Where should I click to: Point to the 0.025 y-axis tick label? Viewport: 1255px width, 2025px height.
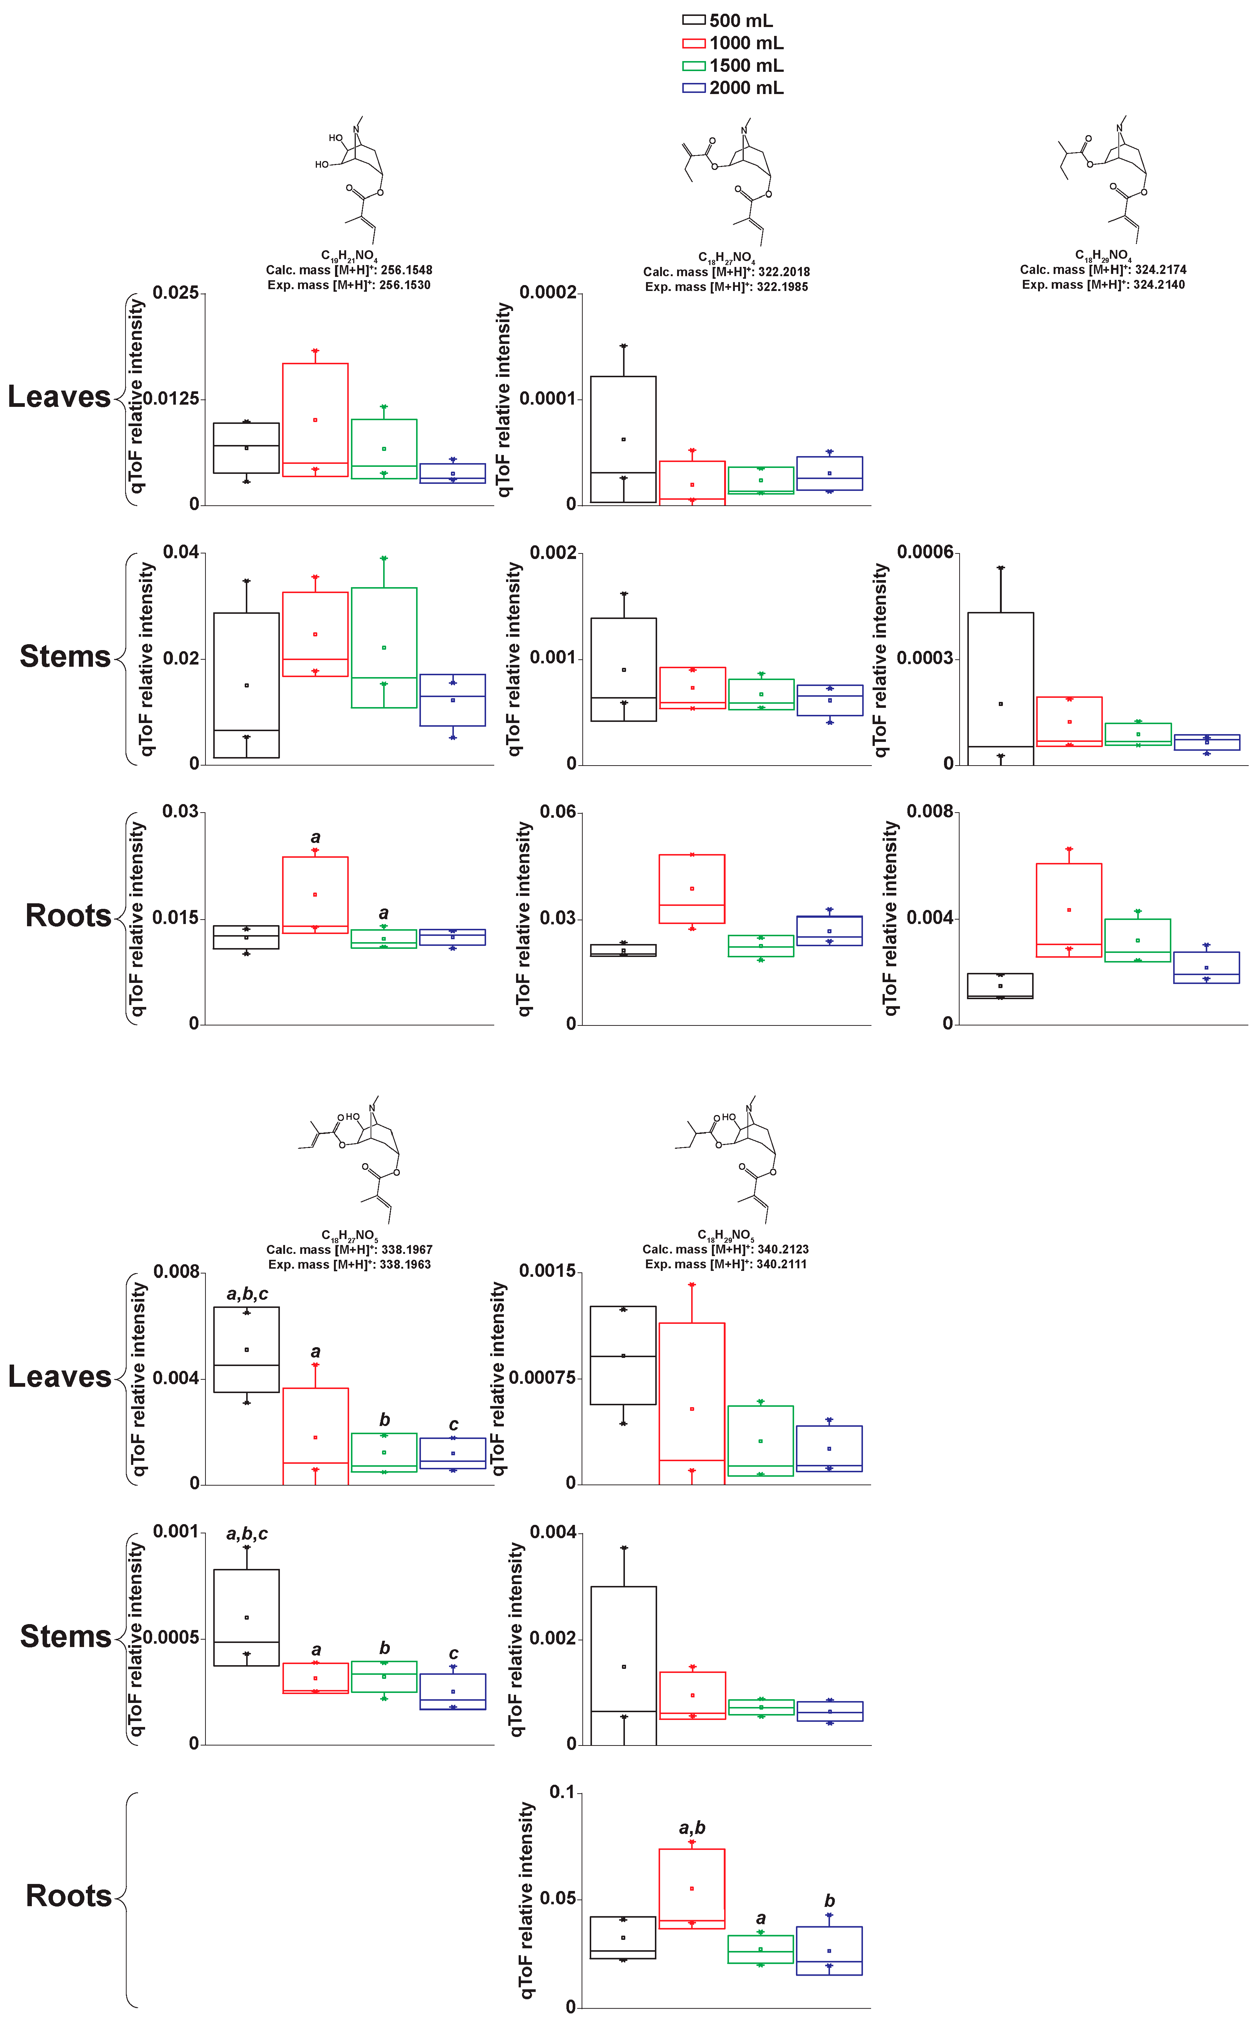click(176, 293)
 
